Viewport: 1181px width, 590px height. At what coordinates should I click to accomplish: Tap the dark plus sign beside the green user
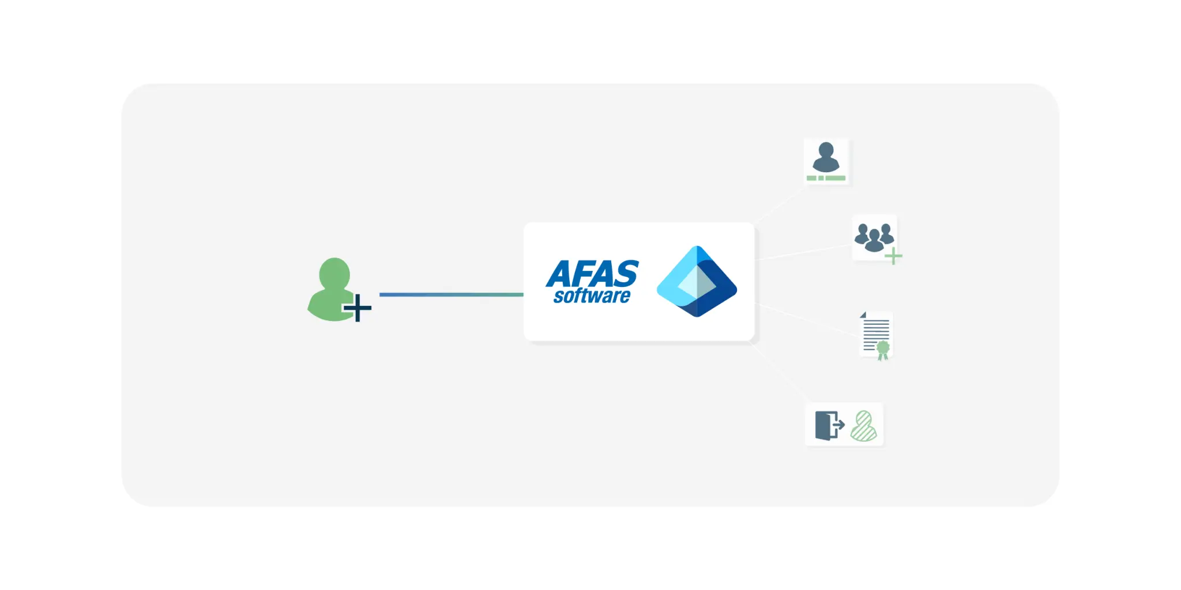(358, 308)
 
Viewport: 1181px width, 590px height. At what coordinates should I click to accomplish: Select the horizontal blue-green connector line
(452, 294)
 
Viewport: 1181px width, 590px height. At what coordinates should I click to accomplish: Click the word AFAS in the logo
(592, 274)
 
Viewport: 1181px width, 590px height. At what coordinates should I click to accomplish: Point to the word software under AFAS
(592, 296)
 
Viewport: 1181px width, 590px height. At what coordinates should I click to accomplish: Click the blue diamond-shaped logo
(697, 281)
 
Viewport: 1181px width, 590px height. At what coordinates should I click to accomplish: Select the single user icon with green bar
(826, 161)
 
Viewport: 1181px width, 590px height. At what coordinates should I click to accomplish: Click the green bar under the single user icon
(826, 178)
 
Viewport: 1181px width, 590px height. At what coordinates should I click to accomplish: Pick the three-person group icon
(874, 237)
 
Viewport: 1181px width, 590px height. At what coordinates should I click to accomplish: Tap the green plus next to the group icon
(893, 256)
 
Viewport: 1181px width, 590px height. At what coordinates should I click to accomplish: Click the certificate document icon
(876, 336)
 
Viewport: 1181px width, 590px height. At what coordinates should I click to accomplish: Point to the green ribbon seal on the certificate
(883, 350)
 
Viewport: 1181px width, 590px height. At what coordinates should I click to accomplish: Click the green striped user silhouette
(864, 426)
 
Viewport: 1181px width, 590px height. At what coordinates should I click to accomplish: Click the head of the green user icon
(334, 273)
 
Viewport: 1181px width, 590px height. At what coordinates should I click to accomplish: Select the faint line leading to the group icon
(803, 252)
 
